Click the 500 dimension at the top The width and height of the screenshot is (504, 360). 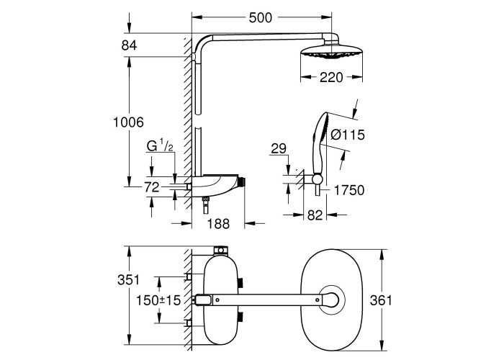pos(261,18)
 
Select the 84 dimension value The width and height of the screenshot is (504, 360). pos(129,45)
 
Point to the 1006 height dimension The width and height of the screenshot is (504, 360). pos(129,122)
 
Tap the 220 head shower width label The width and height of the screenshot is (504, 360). pos(331,78)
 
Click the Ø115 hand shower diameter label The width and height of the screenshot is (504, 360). pos(348,135)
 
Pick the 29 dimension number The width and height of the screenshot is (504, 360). pos(279,149)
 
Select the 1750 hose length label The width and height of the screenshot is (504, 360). pos(349,190)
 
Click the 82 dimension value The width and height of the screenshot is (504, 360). pos(315,215)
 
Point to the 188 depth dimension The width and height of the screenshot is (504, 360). pos(218,224)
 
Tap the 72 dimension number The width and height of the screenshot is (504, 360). pos(152,187)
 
